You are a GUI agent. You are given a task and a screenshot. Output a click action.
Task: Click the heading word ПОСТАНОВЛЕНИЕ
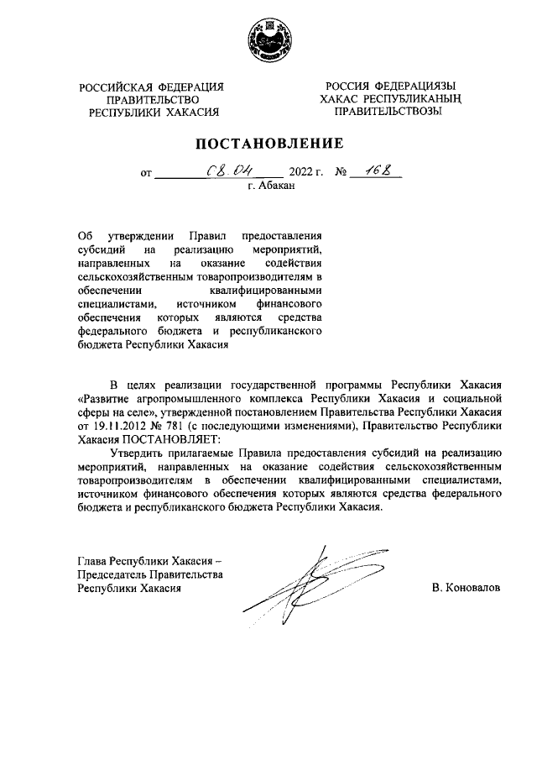click(268, 144)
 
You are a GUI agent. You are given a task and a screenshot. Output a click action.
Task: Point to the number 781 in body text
click(168, 426)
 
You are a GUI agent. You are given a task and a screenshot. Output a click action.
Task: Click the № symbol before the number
click(341, 175)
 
